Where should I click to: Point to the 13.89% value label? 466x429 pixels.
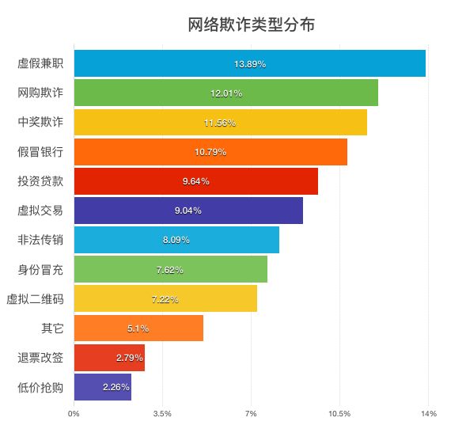[x=250, y=63]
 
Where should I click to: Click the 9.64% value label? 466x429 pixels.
[x=196, y=181]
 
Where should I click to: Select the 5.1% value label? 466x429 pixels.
[x=138, y=328]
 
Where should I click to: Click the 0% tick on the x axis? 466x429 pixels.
[x=74, y=413]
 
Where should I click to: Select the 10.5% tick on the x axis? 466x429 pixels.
[x=339, y=413]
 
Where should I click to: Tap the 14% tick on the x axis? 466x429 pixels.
[x=429, y=413]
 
